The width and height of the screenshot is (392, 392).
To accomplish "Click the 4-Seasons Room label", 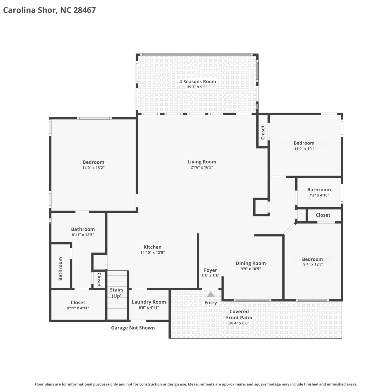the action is coord(198,82).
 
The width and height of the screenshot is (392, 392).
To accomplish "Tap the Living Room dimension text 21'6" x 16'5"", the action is coord(202,168).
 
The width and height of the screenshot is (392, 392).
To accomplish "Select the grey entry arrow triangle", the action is coord(211,295).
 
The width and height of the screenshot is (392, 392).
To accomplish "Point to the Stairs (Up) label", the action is coord(117,293).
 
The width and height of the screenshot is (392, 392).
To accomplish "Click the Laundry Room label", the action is coord(149,302).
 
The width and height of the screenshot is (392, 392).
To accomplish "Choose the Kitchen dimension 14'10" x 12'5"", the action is coord(153,253).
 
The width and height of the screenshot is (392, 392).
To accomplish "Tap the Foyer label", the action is coord(210,270).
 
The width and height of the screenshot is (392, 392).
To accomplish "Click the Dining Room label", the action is coord(251,263).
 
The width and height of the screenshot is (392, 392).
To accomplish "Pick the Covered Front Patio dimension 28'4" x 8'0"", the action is coord(239,323).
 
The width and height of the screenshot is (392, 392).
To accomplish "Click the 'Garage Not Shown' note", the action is coord(133,328).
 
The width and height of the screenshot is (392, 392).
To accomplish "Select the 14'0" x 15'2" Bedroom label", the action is coord(93,162).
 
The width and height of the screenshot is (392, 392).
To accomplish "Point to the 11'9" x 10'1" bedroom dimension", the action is coord(305,149).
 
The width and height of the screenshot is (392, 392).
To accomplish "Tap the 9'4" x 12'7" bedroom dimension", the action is coord(313,264).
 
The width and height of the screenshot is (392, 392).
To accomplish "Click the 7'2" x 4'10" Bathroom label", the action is coord(319,190).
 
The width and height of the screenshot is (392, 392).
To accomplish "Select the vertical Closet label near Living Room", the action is coord(263,132).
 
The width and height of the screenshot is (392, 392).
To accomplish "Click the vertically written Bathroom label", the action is coord(60,269).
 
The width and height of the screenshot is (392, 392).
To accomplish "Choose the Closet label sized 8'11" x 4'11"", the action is coord(78,303).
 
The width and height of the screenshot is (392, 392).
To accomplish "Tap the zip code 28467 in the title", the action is coord(84,10).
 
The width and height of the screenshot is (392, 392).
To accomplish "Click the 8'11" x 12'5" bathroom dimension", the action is coord(83,235).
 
